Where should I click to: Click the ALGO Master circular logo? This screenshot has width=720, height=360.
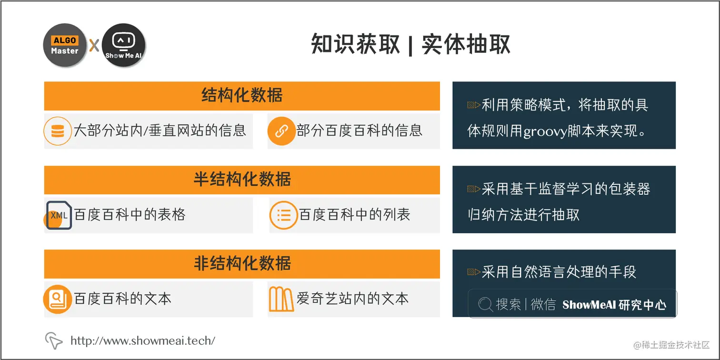click(x=65, y=45)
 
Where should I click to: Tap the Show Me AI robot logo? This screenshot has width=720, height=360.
click(x=124, y=45)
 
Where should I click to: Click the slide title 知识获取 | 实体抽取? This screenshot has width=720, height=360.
click(x=410, y=45)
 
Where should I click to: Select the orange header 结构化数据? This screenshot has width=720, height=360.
click(x=242, y=96)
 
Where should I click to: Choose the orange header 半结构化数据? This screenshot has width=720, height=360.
click(x=242, y=180)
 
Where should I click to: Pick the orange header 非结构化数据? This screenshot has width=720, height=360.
click(x=242, y=263)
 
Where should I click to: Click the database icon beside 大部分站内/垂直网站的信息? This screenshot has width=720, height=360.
click(x=57, y=130)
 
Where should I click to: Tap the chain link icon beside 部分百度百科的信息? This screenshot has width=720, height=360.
click(x=281, y=130)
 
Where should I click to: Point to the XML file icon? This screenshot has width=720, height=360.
click(x=58, y=215)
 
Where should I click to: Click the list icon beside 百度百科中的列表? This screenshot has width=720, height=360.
click(x=283, y=215)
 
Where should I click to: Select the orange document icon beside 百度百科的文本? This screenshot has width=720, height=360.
click(x=57, y=299)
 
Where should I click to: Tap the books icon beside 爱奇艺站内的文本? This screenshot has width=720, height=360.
click(x=281, y=299)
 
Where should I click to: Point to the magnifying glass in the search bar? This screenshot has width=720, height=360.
click(x=485, y=304)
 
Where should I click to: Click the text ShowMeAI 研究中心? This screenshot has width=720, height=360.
click(x=614, y=305)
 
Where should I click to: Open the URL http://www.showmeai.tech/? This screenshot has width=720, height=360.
click(x=142, y=340)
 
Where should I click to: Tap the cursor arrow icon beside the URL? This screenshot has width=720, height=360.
click(x=54, y=340)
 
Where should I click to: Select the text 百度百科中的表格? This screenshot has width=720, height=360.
click(x=130, y=215)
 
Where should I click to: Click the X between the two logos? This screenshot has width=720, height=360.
click(x=94, y=46)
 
